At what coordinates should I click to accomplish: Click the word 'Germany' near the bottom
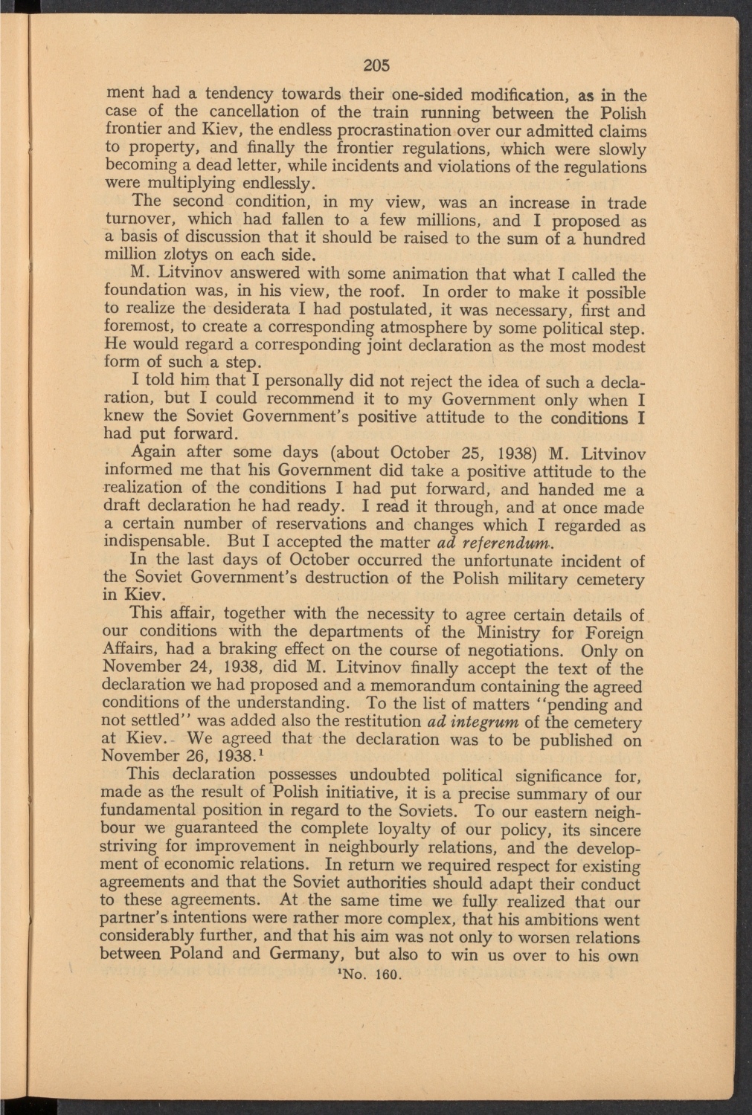point(306,954)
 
